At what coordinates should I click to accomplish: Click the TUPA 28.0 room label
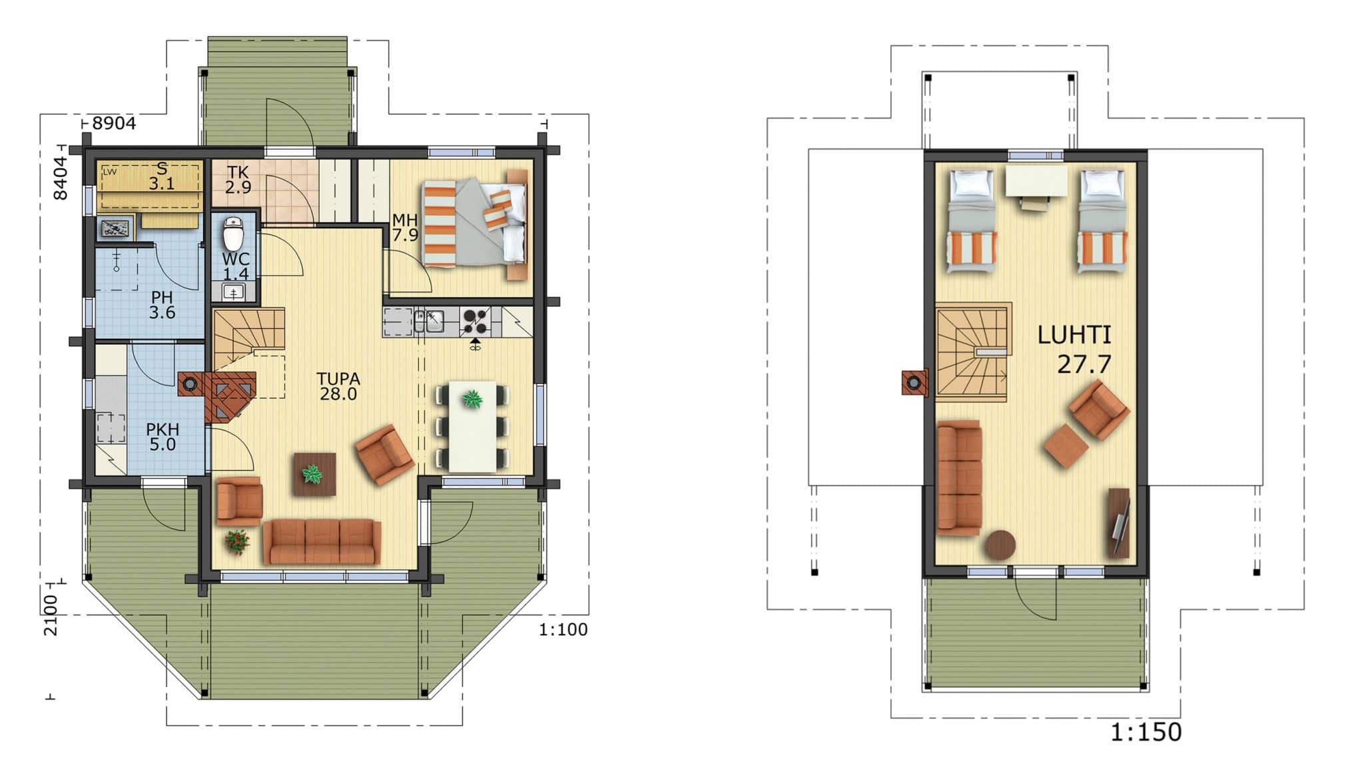[338, 386]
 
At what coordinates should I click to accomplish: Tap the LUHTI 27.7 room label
[1074, 350]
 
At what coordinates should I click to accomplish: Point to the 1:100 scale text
[563, 630]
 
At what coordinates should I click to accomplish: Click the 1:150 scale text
[1146, 732]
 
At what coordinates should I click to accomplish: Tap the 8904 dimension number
[114, 123]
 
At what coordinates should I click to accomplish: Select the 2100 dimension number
[51, 615]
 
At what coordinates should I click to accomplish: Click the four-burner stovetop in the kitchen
[476, 321]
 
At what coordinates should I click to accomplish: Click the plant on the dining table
[473, 399]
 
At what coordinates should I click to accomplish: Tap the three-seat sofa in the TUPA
[322, 541]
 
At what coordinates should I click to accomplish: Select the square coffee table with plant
[314, 475]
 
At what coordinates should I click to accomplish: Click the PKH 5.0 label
[163, 437]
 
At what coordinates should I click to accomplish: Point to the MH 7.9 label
[405, 228]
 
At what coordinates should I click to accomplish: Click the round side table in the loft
[1000, 545]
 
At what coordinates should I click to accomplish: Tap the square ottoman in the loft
[1066, 446]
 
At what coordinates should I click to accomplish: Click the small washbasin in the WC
[233, 292]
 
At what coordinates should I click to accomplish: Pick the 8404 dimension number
[60, 178]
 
